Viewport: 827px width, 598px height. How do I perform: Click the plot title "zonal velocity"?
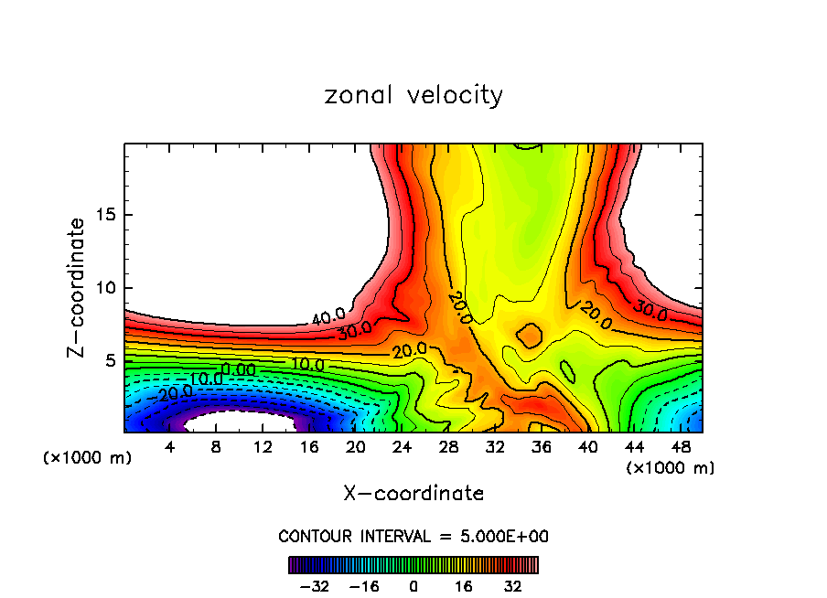[x=413, y=95]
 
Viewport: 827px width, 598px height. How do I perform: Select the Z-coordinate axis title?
[x=77, y=287]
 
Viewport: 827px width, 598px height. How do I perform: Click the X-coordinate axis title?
[x=413, y=494]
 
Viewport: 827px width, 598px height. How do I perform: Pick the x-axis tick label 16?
[x=309, y=447]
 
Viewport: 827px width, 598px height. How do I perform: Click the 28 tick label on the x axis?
[x=448, y=447]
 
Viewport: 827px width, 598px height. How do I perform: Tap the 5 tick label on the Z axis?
[x=106, y=360]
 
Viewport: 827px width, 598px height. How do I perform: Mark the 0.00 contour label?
[x=239, y=368]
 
